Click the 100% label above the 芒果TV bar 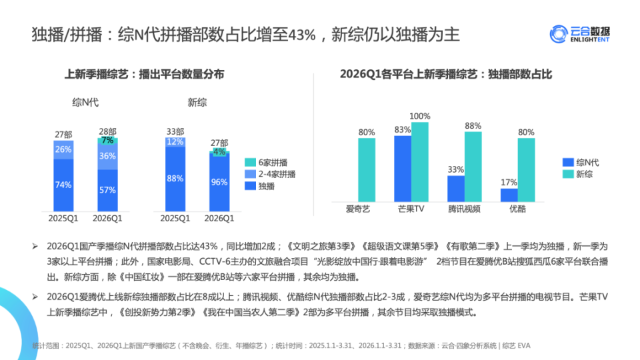click(x=419, y=116)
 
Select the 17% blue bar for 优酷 click(x=509, y=195)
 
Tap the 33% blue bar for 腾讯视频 click(x=456, y=188)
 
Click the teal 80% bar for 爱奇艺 click(x=366, y=169)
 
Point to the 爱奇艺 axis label click(x=357, y=209)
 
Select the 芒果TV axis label click(x=411, y=209)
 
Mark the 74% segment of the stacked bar click(x=63, y=185)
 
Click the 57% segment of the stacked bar click(x=107, y=190)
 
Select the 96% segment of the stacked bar click(x=219, y=182)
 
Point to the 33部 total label click(x=175, y=131)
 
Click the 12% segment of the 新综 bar click(x=175, y=142)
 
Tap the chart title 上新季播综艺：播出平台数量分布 click(x=144, y=75)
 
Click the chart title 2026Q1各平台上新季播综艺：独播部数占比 click(x=446, y=75)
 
